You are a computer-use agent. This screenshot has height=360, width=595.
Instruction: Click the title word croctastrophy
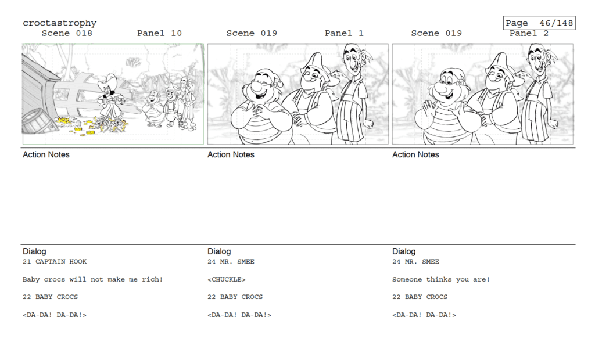(x=60, y=23)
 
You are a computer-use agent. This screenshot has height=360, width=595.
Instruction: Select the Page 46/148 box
(x=539, y=23)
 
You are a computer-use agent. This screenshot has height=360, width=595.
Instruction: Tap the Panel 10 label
(x=159, y=33)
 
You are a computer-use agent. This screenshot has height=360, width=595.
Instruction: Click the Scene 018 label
(x=67, y=33)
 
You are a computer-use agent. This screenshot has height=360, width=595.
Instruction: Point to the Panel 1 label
(x=344, y=33)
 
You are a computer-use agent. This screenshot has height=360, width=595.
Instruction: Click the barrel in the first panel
(x=37, y=121)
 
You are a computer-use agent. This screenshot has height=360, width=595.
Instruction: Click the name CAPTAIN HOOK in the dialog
(x=60, y=261)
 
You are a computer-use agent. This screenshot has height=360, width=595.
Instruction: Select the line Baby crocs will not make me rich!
(x=92, y=279)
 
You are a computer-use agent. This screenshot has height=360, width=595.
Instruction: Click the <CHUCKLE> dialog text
(x=227, y=279)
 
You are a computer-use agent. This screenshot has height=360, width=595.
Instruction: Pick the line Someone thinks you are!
(x=441, y=279)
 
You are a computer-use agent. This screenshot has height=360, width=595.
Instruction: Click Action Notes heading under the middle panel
(x=231, y=154)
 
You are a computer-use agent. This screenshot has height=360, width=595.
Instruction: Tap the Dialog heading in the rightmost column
(x=404, y=251)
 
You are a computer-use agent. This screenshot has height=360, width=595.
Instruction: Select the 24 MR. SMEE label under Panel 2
(x=415, y=261)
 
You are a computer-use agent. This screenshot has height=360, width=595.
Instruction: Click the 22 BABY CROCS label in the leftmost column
(x=50, y=297)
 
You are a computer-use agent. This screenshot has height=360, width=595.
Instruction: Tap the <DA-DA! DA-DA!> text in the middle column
(x=239, y=315)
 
